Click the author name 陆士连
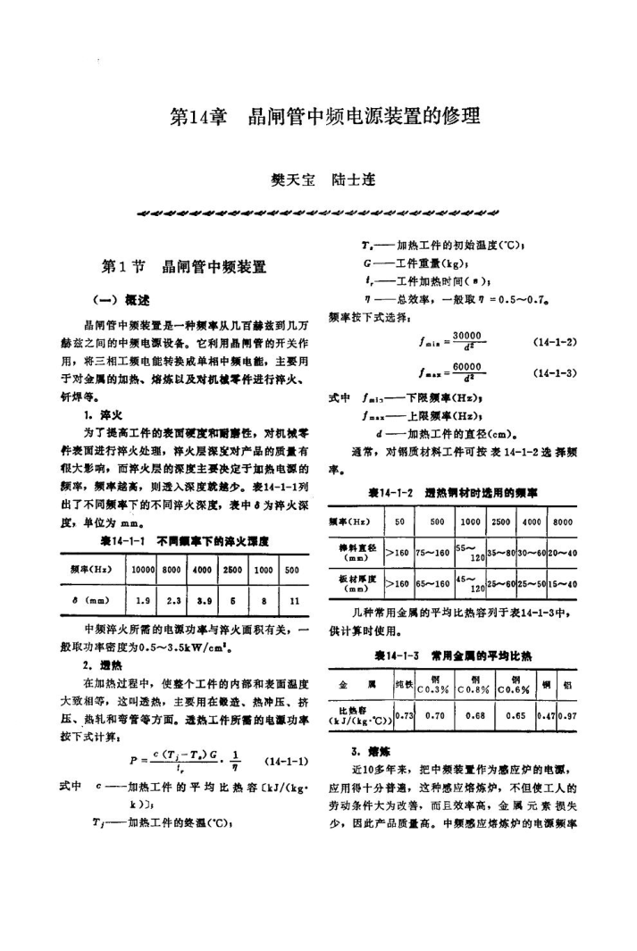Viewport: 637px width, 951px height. pyautogui.click(x=352, y=179)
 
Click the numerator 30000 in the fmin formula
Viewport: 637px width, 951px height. pyautogui.click(x=466, y=336)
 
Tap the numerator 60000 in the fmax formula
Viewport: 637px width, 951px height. pyautogui.click(x=466, y=366)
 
